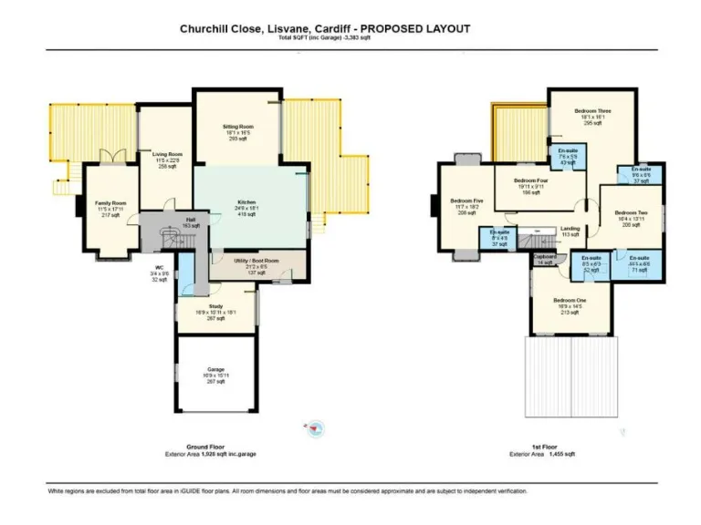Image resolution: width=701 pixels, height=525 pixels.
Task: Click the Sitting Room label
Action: [238, 126]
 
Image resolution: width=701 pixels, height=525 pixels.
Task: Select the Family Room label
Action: [111, 203]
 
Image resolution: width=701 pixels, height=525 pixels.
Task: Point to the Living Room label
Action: [167, 155]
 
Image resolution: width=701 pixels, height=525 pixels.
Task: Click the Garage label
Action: [216, 369]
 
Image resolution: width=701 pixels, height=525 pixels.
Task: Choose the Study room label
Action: [217, 305]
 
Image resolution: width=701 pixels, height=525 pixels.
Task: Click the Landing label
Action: [570, 229]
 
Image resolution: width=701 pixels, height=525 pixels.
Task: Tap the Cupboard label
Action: [546, 257]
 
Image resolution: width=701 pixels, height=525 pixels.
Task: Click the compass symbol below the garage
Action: [317, 427]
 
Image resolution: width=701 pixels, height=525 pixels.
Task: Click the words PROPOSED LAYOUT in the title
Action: [424, 29]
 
